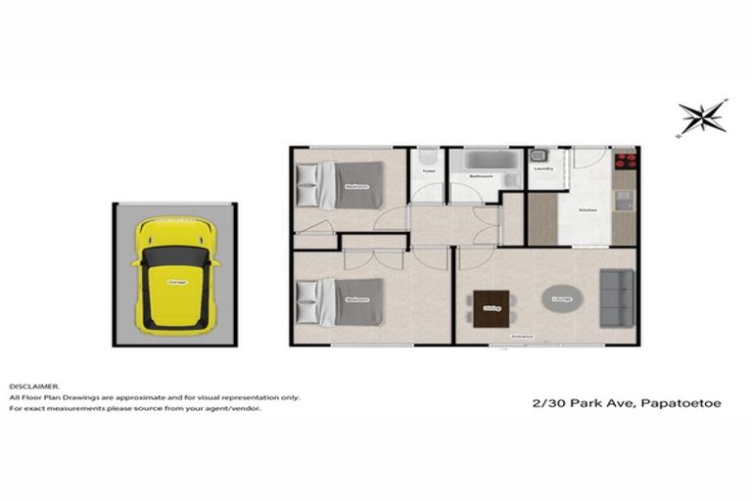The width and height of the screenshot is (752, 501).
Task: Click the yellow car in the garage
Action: click(176, 273)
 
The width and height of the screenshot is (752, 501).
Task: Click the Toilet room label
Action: click(428, 171)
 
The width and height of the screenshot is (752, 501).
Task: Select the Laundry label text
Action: click(543, 168)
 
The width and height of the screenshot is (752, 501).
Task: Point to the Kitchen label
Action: click(588, 210)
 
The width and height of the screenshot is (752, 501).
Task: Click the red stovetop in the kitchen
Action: click(624, 159)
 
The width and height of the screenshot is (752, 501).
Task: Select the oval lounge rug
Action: click(562, 297)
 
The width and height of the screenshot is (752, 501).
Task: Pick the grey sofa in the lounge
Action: click(616, 297)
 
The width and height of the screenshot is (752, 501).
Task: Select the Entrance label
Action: click(521, 337)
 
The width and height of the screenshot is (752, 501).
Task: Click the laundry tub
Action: click(538, 155)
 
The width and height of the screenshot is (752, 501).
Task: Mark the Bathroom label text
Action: click(481, 176)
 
